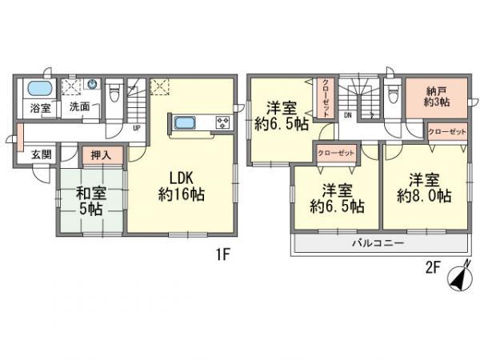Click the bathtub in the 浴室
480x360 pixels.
tap(37, 87)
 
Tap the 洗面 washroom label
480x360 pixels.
tap(78, 106)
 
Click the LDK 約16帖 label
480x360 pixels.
tap(182, 183)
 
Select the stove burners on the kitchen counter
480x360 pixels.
tap(222, 122)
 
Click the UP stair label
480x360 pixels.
tap(137, 127)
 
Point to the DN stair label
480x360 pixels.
tap(347, 115)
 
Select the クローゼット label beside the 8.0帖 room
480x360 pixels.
tap(446, 132)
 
